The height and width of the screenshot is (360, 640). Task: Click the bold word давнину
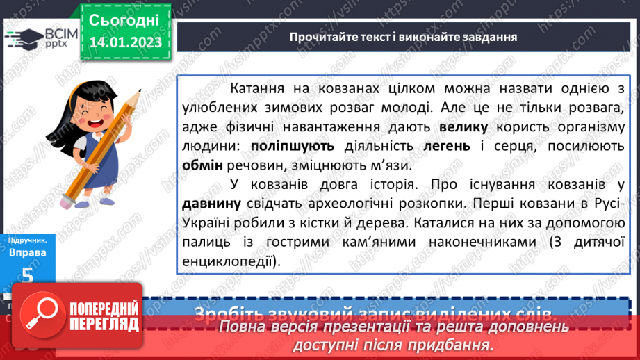[x=212, y=204]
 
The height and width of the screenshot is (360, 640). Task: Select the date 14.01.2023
[x=125, y=42]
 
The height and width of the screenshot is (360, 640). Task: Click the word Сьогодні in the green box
[x=124, y=19]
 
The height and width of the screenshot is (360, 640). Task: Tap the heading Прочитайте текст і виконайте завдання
[x=403, y=36]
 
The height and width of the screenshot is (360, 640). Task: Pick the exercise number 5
[x=27, y=274]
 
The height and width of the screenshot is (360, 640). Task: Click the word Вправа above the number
[x=27, y=252]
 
